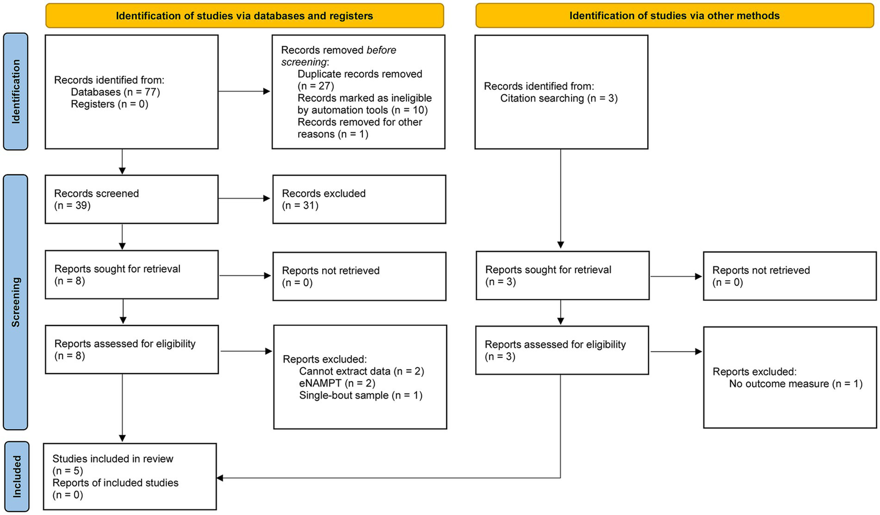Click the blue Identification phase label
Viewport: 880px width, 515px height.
(x=15, y=92)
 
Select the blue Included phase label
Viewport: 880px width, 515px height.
(x=16, y=476)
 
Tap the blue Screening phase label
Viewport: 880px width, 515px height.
(x=15, y=302)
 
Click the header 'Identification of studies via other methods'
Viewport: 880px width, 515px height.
(x=674, y=16)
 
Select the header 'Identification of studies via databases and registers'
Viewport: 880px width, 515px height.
(x=244, y=16)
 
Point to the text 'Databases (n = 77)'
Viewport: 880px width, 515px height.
(x=115, y=92)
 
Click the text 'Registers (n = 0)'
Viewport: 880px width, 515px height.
(x=109, y=104)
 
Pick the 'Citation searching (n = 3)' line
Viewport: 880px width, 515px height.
(x=558, y=99)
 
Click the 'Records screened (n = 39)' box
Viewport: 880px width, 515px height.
(x=131, y=199)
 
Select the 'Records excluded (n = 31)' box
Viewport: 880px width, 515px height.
(x=359, y=199)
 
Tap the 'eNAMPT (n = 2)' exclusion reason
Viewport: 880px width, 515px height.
(x=337, y=383)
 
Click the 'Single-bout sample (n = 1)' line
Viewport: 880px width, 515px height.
(x=361, y=395)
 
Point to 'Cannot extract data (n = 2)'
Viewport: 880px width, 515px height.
(x=361, y=371)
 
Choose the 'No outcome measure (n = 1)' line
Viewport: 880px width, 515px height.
(x=795, y=384)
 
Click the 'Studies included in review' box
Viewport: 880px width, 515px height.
(x=130, y=477)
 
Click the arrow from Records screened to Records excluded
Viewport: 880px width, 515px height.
(x=244, y=199)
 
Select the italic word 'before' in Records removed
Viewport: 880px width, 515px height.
(x=381, y=50)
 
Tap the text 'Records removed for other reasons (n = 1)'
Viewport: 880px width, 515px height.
(x=359, y=128)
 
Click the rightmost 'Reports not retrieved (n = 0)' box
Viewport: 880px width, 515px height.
(x=789, y=276)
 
